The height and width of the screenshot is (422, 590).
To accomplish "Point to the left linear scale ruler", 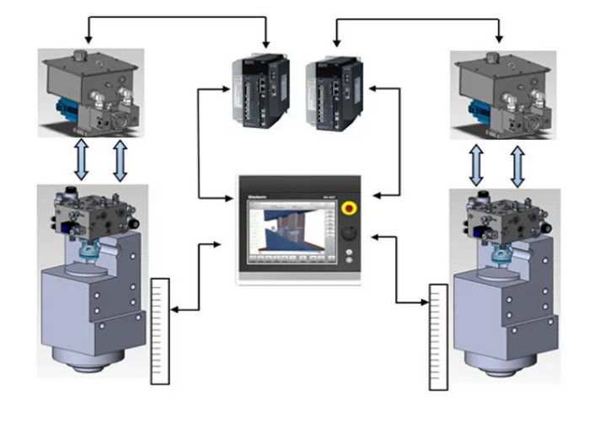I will (x=159, y=328).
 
